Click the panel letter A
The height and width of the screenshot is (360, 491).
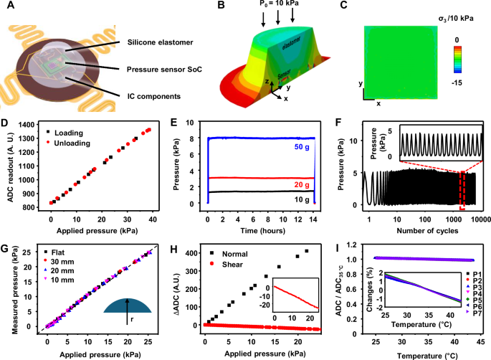(x=6, y=7)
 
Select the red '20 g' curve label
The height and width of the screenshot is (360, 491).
(x=292, y=184)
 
